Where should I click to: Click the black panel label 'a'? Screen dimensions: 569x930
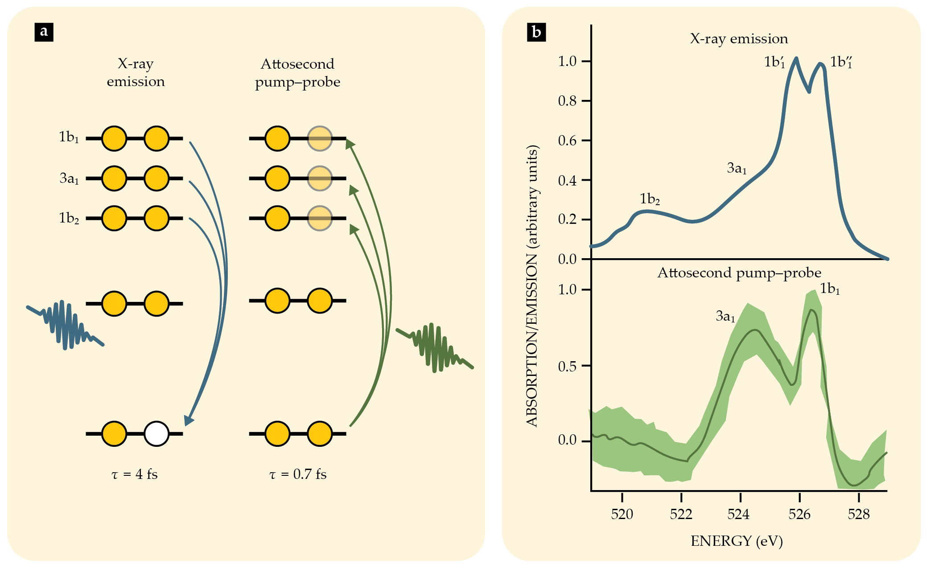point(44,32)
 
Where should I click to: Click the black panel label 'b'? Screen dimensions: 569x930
point(536,32)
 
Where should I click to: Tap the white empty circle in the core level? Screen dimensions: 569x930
point(156,433)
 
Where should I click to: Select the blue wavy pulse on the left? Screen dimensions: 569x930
point(66,325)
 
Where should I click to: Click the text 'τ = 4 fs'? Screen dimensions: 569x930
point(134,474)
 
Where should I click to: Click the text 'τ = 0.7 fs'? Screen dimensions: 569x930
point(298,474)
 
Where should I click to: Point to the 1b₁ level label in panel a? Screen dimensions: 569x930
point(69,137)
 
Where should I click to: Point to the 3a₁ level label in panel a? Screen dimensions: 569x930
point(69,178)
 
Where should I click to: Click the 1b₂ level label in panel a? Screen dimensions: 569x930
point(69,218)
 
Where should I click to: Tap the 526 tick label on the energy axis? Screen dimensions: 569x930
point(799,515)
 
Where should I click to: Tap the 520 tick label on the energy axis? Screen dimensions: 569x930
point(622,515)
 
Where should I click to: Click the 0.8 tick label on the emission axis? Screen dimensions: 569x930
point(567,101)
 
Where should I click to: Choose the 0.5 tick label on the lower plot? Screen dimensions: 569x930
point(567,367)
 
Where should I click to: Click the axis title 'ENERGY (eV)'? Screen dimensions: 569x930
point(737,541)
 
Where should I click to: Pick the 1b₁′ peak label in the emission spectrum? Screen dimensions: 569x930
point(774,62)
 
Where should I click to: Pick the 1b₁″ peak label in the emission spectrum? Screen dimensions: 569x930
point(841,62)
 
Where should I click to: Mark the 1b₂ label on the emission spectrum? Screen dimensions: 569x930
point(650,199)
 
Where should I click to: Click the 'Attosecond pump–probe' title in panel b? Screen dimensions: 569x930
point(739,273)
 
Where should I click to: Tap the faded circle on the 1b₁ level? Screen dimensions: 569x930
point(320,139)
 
